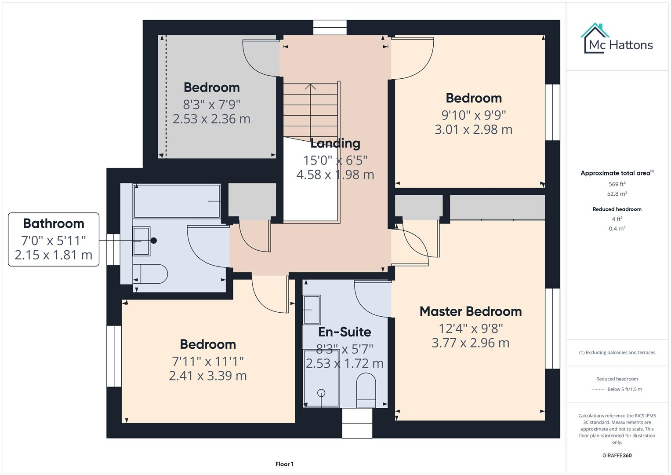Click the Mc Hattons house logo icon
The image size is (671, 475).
click(x=595, y=39)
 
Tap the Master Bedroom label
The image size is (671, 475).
click(x=470, y=311)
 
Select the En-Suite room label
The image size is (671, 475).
click(x=345, y=332)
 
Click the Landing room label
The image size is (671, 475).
click(x=335, y=143)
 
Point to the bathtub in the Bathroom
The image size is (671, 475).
click(x=177, y=201)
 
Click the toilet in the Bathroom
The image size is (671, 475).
click(x=150, y=274)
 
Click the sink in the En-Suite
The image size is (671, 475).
click(x=312, y=310)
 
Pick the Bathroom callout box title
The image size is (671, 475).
click(x=54, y=223)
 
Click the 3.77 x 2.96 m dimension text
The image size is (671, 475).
click(x=470, y=343)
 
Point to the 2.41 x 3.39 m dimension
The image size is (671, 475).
click(x=208, y=376)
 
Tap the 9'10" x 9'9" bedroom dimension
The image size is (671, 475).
click(x=473, y=115)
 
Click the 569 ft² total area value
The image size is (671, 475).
click(x=617, y=184)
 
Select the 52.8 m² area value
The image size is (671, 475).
click(x=617, y=194)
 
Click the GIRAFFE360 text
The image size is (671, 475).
click(x=617, y=455)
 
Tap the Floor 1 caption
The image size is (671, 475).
click(x=284, y=464)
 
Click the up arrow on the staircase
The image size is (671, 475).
click(x=311, y=86)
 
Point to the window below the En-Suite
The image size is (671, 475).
click(x=357, y=423)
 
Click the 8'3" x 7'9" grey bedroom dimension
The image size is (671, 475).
click(x=211, y=105)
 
